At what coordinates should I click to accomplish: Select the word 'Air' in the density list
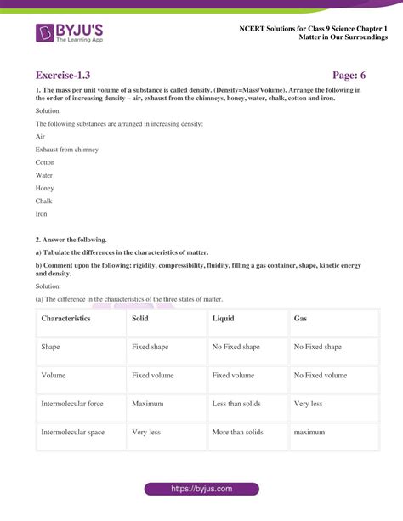40,136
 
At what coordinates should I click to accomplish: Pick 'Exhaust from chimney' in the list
67,150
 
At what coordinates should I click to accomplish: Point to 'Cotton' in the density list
45,162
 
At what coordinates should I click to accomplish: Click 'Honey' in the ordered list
44,188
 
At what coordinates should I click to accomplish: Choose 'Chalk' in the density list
44,201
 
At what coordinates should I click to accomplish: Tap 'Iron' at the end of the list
42,214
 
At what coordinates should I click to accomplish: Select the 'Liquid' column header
224,318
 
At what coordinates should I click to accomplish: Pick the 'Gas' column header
300,318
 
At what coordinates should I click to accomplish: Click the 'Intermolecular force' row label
72,404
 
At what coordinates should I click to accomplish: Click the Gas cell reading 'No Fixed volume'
321,375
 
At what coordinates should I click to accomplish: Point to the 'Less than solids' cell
238,404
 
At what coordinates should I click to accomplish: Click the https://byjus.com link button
201,490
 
